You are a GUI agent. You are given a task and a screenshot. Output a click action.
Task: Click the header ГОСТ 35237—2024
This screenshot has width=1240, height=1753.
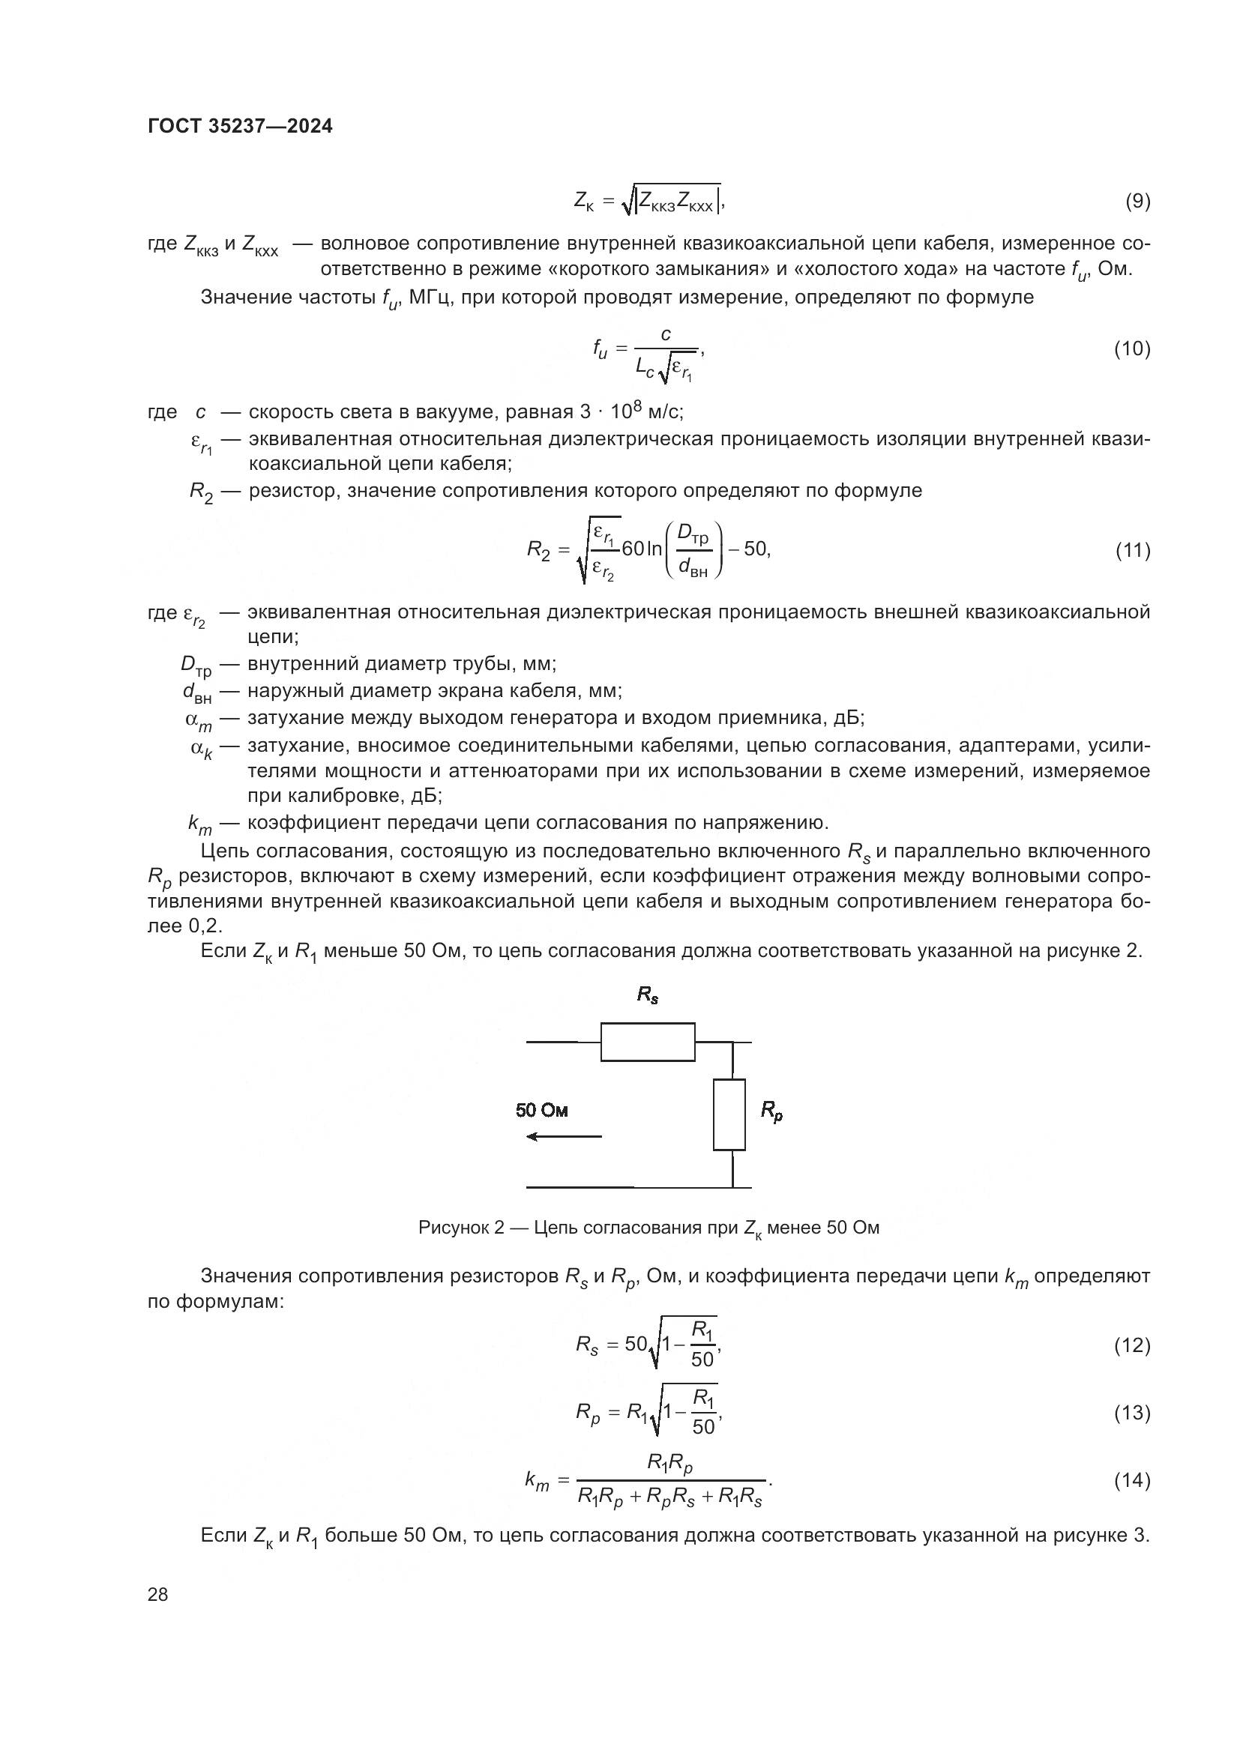[240, 126]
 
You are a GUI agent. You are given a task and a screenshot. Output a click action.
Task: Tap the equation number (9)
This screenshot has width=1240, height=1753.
[1137, 201]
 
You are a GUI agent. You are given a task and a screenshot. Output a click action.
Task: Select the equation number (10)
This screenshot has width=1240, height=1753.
[1131, 349]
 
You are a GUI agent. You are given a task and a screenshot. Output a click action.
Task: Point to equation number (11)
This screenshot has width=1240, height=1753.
[1131, 549]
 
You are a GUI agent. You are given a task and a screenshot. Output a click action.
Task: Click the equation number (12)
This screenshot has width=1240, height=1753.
[1131, 1366]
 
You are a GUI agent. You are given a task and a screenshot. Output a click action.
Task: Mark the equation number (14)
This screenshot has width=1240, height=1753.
[1131, 1502]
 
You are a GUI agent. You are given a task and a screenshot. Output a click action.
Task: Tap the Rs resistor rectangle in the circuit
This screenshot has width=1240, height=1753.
[648, 1042]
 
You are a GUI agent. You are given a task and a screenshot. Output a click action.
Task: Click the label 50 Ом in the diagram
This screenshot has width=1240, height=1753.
[541, 1110]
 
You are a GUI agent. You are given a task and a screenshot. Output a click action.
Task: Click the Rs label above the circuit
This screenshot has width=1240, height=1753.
[647, 995]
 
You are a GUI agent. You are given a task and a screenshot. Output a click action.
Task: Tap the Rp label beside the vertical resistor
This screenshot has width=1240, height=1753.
[771, 1112]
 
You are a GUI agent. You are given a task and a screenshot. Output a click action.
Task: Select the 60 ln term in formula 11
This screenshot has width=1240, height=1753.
[642, 549]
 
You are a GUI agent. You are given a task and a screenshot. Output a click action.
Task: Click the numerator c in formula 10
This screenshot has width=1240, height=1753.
[665, 334]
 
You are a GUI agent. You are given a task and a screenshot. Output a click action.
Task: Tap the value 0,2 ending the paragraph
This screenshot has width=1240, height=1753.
[206, 926]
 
